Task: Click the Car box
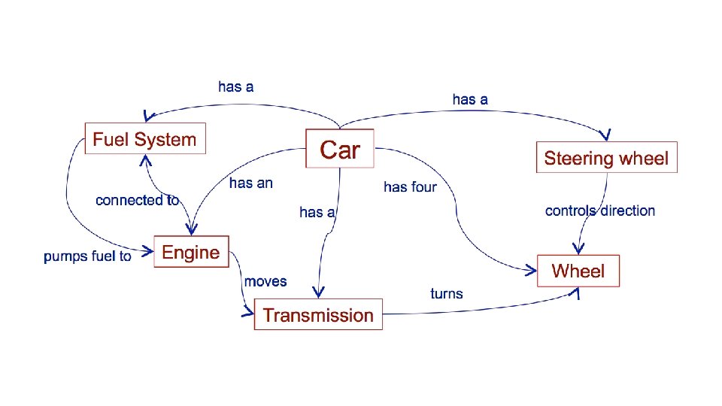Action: [x=340, y=149]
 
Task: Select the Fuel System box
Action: [x=144, y=139]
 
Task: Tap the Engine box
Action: [x=191, y=252]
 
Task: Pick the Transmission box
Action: [x=318, y=314]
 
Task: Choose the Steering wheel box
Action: [x=606, y=157]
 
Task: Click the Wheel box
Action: [x=578, y=271]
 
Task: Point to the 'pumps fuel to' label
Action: [x=87, y=256]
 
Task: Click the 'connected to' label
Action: [x=137, y=200]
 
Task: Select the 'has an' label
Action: [x=250, y=183]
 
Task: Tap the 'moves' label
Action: [x=265, y=281]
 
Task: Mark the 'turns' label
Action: [x=447, y=293]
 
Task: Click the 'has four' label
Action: [x=410, y=186]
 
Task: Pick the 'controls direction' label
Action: [x=600, y=211]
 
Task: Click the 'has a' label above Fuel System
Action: [x=236, y=86]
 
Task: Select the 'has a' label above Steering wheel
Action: [x=470, y=98]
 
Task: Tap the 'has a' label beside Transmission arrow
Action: [x=317, y=213]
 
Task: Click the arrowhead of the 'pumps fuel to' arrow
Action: [x=147, y=249]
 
